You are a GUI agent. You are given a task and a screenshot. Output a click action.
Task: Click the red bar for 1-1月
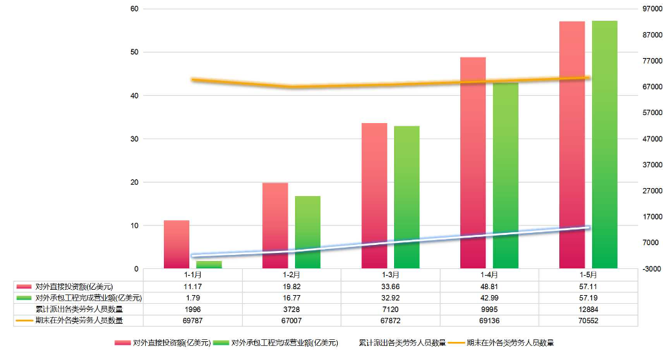[177, 244]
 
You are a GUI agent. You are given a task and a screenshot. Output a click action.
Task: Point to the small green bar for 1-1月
[209, 264]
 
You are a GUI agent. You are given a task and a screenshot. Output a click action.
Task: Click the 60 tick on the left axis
[134, 9]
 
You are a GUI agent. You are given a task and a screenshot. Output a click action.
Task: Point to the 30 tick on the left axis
[134, 139]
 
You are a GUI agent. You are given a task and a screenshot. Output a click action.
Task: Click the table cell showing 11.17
[193, 286]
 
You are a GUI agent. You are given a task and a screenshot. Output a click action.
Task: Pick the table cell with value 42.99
[490, 298]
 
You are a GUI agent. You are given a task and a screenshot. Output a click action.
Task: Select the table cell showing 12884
[589, 309]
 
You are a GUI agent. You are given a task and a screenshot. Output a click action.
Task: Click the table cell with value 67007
[292, 321]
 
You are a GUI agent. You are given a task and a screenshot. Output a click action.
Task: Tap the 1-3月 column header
[391, 275]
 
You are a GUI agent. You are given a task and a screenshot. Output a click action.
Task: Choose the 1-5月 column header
[589, 275]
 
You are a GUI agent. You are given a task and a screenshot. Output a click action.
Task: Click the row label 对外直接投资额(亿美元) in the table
[74, 286]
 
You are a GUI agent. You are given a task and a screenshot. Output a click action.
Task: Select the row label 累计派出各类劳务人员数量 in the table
[79, 309]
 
